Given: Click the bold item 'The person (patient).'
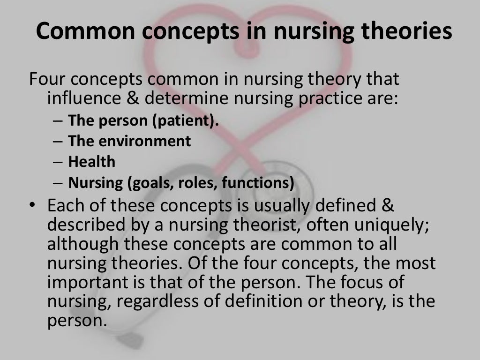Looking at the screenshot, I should [x=143, y=120].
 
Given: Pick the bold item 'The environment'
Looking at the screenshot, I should [x=129, y=141].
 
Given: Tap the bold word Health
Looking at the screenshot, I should [x=92, y=162].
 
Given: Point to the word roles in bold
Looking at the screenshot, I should [x=195, y=183].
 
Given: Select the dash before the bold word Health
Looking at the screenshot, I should [x=57, y=162].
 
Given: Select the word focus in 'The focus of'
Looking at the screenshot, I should [x=356, y=283].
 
